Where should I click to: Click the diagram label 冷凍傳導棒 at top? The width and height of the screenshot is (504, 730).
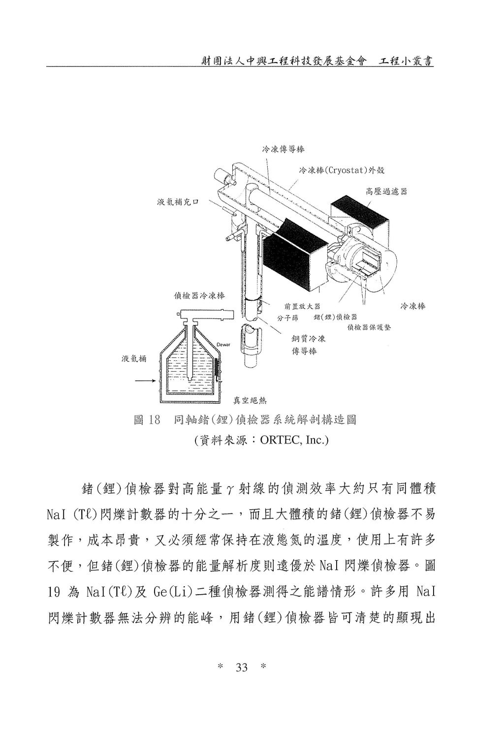283,150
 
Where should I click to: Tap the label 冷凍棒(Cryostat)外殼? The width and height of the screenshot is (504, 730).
342,170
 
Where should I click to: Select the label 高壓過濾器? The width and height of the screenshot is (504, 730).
386,191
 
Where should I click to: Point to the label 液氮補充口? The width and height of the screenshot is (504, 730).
178,202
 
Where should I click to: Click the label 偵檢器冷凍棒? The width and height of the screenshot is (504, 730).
199,296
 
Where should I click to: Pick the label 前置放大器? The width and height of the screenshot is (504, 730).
302,306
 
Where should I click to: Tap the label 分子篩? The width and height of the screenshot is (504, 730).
287,318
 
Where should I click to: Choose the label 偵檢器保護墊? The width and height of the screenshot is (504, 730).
369,327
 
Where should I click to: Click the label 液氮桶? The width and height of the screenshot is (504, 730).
134,359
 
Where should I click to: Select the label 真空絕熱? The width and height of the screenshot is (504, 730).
250,400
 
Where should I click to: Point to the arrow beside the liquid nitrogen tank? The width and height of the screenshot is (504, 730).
144,381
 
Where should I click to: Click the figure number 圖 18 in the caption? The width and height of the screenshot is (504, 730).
147,420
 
